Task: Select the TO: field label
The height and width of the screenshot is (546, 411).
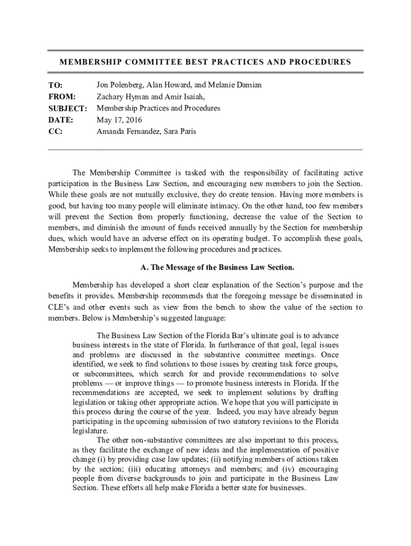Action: pos(56,85)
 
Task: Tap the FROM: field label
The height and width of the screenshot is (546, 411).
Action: pos(62,97)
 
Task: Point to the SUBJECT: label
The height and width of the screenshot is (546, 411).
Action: pos(68,109)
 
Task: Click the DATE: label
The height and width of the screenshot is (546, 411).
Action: pos(60,120)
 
